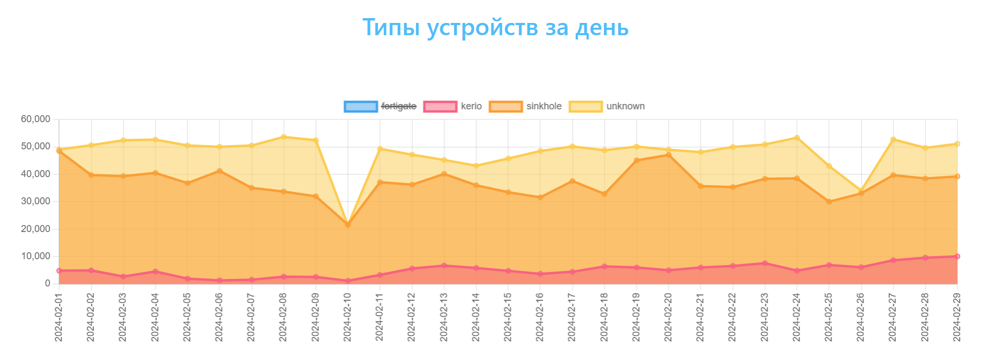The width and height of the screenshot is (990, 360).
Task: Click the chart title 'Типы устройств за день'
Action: [495, 27]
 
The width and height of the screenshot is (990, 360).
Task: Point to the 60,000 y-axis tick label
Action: [35, 119]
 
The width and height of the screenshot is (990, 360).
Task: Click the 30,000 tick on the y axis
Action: [35, 202]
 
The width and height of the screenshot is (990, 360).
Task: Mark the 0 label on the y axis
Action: [47, 284]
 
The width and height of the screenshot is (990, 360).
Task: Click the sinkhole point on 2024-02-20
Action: [669, 155]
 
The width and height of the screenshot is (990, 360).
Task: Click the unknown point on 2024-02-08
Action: [284, 137]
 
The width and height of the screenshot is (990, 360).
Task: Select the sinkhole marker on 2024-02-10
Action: [348, 225]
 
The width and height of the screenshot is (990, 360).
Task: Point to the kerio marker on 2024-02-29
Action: [957, 257]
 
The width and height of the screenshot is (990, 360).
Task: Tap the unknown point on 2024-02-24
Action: [797, 138]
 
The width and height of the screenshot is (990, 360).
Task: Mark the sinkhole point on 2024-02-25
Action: [829, 202]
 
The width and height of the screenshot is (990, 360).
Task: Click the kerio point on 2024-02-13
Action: [444, 266]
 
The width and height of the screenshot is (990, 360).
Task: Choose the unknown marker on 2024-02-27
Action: [893, 139]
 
